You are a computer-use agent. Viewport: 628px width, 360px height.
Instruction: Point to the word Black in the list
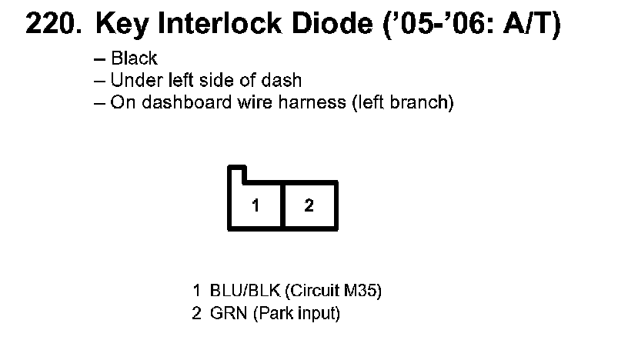tap(134, 58)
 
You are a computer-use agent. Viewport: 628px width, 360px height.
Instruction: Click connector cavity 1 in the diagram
tap(256, 205)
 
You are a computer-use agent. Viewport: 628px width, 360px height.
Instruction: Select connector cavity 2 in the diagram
tap(309, 205)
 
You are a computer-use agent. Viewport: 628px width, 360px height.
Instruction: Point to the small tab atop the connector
tap(236, 174)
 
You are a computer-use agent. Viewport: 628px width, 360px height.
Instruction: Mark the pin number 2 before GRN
tap(197, 314)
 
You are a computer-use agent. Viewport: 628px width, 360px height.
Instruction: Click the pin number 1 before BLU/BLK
tap(197, 292)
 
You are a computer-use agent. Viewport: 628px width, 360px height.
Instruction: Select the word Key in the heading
tap(120, 25)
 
